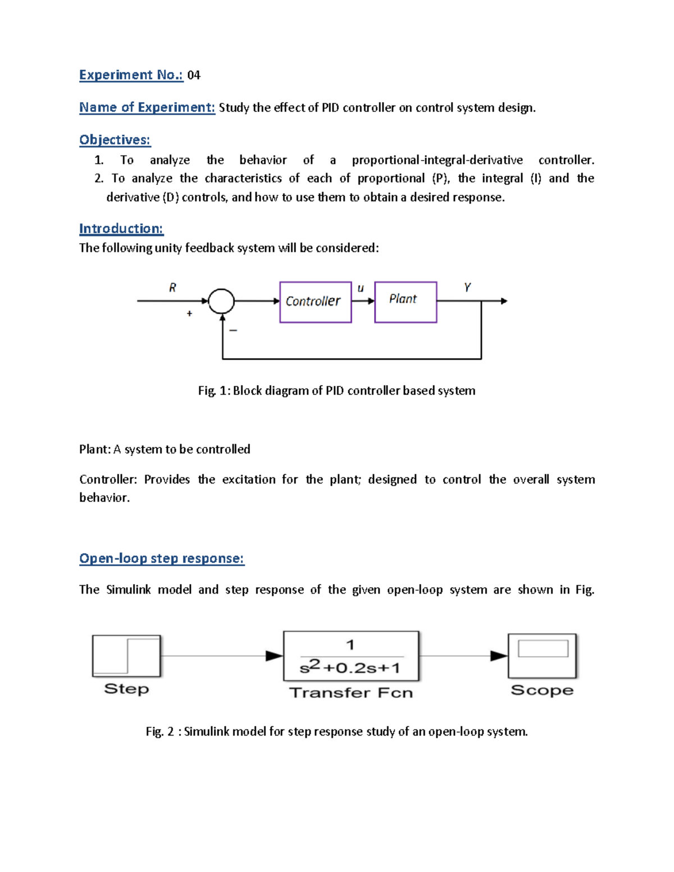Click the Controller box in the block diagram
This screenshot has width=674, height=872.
pyautogui.click(x=315, y=302)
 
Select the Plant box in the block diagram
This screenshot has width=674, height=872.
pyautogui.click(x=406, y=302)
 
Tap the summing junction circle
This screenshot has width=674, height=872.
pyautogui.click(x=221, y=301)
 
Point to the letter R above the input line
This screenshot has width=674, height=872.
pyautogui.click(x=172, y=287)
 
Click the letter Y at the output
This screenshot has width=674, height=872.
pyautogui.click(x=467, y=287)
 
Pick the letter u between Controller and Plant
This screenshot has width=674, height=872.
pyautogui.click(x=361, y=288)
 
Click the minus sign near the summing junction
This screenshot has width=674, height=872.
pyautogui.click(x=233, y=330)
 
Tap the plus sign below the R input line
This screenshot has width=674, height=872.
pyautogui.click(x=189, y=313)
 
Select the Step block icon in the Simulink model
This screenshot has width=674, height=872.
pyautogui.click(x=126, y=656)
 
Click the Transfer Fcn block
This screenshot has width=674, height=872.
pyautogui.click(x=352, y=656)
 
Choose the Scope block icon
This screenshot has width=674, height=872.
pyautogui.click(x=542, y=656)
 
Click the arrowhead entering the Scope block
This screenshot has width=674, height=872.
pyautogui.click(x=499, y=656)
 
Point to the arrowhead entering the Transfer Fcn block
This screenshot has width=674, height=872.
pyautogui.click(x=274, y=656)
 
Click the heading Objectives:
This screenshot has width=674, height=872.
pyautogui.click(x=115, y=140)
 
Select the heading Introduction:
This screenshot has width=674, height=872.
pyautogui.click(x=121, y=229)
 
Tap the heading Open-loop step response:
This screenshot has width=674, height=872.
pyautogui.click(x=162, y=558)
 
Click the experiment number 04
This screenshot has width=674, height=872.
pyautogui.click(x=194, y=75)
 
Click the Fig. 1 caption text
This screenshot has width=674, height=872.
pyautogui.click(x=336, y=391)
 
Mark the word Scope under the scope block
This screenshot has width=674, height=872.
pyautogui.click(x=542, y=690)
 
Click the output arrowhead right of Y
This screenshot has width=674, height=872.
pyautogui.click(x=504, y=301)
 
